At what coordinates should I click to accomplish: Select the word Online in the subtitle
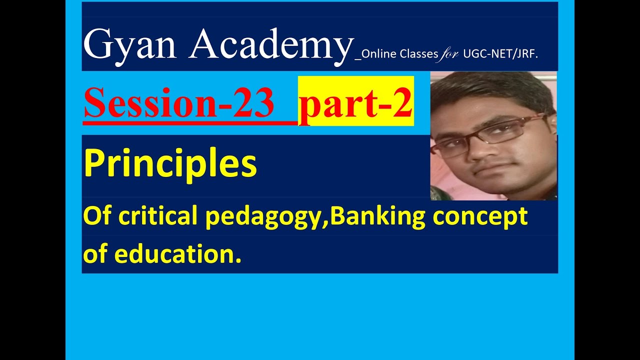pos(379,54)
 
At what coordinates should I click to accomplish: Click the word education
pos(178,254)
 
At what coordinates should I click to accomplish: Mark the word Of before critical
pos(95,216)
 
